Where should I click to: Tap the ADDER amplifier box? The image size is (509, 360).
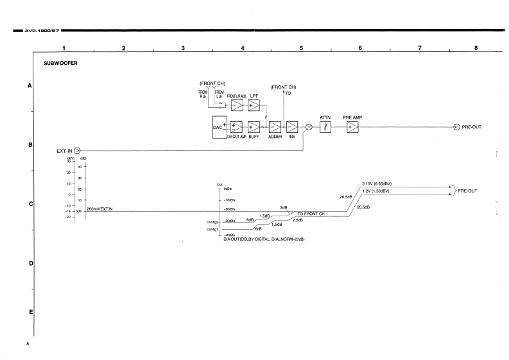275,127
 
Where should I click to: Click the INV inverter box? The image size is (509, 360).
292,127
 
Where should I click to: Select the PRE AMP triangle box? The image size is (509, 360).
352,127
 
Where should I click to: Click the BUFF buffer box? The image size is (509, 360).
254,127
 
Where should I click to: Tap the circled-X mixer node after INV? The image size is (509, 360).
309,127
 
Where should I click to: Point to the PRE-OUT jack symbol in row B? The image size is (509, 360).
456,127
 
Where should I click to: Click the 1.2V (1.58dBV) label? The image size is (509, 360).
379,191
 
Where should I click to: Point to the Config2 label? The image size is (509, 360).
205,221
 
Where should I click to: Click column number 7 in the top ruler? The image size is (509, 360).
419,48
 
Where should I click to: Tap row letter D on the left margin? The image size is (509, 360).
30,264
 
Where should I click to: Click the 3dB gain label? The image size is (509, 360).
283,207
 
